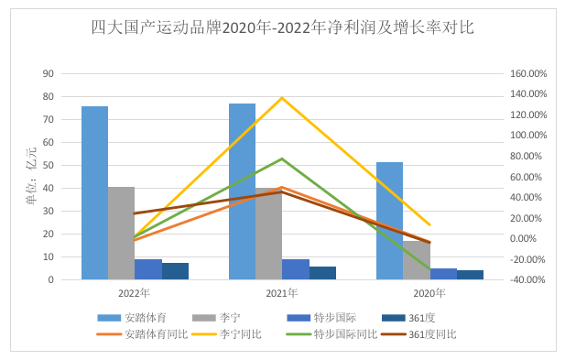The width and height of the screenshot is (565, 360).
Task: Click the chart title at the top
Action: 282,27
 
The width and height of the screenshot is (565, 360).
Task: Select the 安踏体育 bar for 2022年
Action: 94,192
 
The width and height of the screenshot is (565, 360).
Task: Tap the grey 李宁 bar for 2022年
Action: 121,233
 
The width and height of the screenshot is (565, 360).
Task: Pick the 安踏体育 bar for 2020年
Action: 389,220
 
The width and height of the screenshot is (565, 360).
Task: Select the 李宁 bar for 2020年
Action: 417,260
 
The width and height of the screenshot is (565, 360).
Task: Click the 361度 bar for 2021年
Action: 322,273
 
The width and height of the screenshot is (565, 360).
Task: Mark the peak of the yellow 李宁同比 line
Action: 282,97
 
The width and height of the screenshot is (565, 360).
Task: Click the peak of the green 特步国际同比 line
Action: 282,158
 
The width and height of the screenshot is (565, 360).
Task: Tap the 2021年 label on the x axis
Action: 282,293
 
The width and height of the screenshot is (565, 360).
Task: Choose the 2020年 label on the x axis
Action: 429,293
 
